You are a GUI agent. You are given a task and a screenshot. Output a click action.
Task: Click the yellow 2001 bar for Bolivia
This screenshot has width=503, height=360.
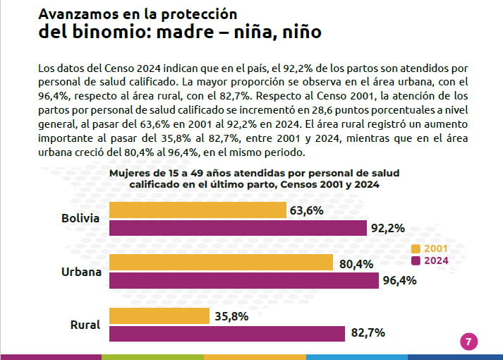pos(198,210)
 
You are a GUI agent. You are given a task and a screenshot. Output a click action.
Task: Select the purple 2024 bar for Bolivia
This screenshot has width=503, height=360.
pos(238,228)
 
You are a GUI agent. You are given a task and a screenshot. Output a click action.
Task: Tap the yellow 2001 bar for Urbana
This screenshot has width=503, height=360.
pos(221,262)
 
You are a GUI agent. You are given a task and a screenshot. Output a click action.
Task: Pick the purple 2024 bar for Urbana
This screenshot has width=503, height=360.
pos(244,280)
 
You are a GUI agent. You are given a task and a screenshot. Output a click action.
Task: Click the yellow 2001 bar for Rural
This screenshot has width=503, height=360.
pos(159,316)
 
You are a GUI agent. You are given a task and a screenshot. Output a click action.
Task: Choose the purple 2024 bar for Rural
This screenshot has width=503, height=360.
pos(227,334)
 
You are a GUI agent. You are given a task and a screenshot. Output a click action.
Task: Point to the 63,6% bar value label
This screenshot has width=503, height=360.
pos(306,210)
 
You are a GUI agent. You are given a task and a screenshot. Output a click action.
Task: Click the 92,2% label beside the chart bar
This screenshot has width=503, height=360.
pos(388,228)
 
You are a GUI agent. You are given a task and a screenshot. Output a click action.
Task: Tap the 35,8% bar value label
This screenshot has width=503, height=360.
pos(231,316)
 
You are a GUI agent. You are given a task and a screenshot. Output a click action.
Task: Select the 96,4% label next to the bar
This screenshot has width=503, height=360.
pos(400,280)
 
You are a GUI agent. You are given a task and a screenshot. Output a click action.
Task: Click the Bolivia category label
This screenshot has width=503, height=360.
pos(80,218)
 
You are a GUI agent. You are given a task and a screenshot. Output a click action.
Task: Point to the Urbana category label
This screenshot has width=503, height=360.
pos(81,272)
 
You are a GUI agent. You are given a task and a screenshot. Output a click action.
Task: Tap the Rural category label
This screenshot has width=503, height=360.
pos(85,325)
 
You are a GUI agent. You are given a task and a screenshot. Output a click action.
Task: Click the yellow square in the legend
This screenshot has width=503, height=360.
pos(416,248)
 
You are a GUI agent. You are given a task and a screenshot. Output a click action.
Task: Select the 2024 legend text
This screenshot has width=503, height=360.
pos(436,260)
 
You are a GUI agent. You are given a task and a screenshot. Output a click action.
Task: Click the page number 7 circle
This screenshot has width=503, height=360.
pos(468,342)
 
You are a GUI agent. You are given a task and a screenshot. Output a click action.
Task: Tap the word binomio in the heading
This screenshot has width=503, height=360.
pos(111,32)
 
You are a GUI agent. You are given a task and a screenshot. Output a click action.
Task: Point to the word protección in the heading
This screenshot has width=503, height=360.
pos(199,14)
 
